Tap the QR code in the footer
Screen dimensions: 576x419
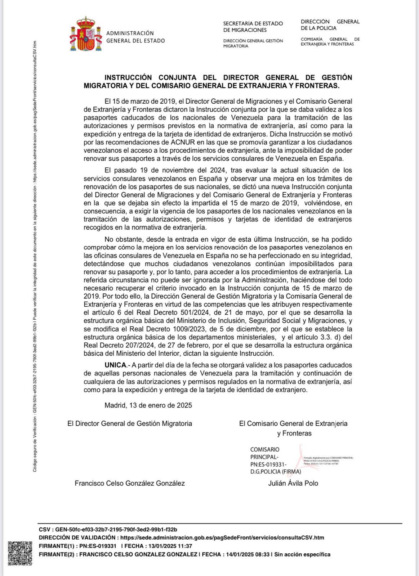20,553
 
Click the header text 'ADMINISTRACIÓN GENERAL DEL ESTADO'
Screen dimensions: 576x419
135,37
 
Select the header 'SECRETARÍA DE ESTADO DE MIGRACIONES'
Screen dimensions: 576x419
253,27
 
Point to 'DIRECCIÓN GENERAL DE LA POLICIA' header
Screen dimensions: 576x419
330,25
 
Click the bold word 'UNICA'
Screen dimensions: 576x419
115,365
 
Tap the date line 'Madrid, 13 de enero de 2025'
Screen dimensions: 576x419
148,405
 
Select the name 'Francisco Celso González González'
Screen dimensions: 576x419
130,483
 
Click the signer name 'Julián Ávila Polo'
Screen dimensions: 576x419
293,483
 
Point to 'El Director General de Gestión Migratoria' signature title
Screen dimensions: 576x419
130,423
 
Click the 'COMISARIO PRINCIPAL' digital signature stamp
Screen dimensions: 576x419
276,460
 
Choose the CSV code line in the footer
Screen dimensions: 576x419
108,529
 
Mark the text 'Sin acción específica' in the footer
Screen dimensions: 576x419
302,554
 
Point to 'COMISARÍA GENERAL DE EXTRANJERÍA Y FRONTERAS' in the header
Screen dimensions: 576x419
330,41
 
